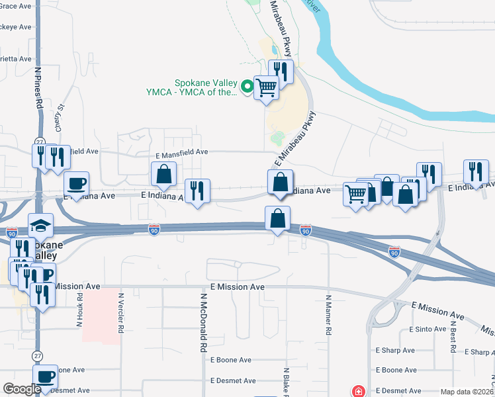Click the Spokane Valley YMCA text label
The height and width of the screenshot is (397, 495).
tap(205, 88)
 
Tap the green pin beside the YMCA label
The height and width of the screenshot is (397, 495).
tap(247, 85)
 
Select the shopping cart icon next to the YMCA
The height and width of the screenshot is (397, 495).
tap(266, 87)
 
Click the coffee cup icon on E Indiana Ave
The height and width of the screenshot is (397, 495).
tap(77, 183)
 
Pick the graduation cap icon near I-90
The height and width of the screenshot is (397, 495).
tap(40, 226)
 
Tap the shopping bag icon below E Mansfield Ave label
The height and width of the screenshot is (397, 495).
tap(163, 175)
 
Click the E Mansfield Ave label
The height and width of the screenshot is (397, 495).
tap(182, 152)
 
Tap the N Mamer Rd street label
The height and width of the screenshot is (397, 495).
tap(328, 314)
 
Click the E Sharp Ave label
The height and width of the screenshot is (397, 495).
tap(394, 351)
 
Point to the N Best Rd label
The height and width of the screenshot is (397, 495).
tap(453, 337)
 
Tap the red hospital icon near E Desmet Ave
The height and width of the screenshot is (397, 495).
tap(358, 391)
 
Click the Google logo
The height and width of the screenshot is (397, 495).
tap(22, 388)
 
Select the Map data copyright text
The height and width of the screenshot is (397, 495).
tap(467, 392)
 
